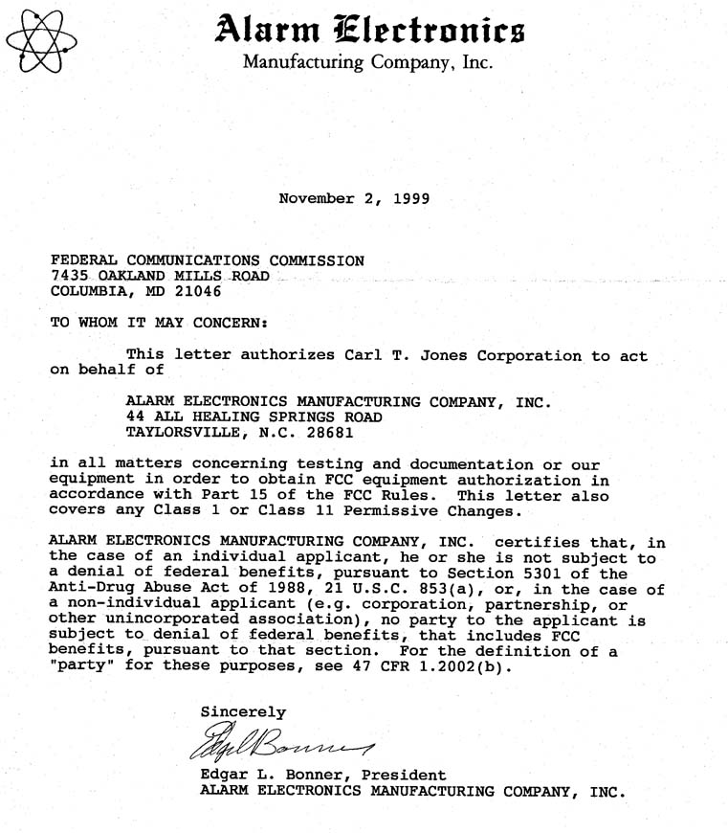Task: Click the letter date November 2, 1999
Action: (354, 199)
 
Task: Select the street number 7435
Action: (69, 276)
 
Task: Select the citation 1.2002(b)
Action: (463, 665)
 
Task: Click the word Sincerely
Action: (243, 711)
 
